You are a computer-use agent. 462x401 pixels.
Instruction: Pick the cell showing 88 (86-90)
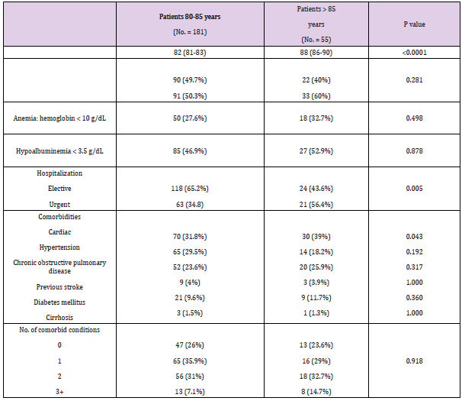pos(315,53)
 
